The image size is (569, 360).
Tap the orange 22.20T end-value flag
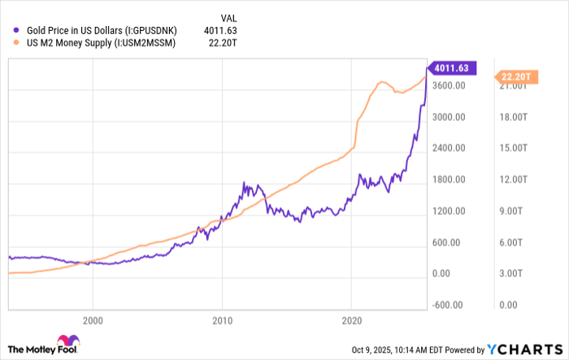click(x=515, y=77)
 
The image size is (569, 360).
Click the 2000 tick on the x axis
click(x=93, y=322)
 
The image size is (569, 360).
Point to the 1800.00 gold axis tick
click(x=447, y=180)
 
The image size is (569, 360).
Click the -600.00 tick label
click(x=446, y=305)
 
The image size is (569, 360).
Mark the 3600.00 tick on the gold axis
click(x=447, y=85)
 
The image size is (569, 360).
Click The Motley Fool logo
click(x=45, y=346)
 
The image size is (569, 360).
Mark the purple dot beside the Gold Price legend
click(x=10, y=31)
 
